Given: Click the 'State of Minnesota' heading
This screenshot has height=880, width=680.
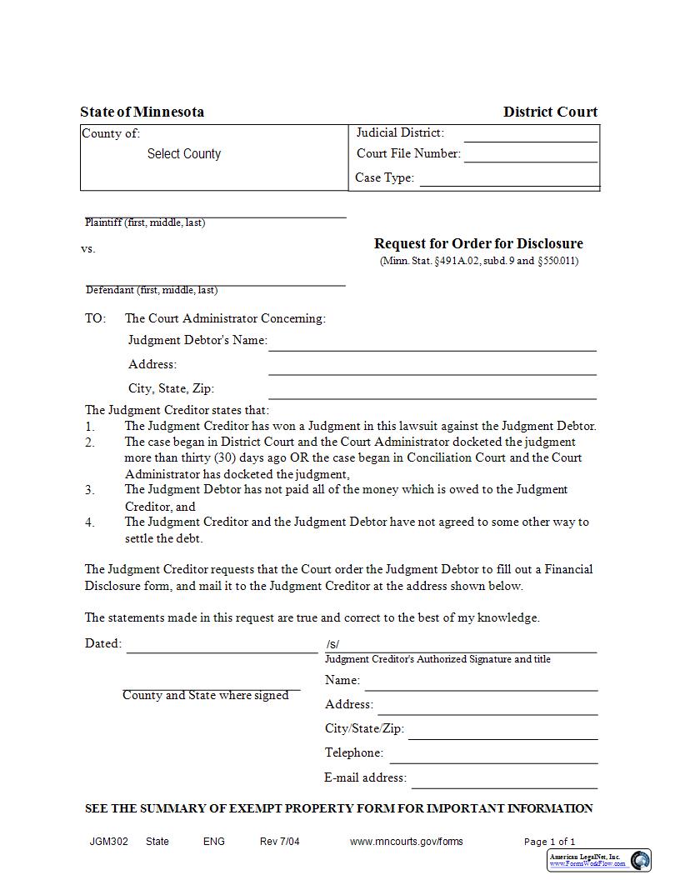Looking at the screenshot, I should pos(142,112).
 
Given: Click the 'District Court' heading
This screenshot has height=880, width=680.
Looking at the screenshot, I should pos(550,112).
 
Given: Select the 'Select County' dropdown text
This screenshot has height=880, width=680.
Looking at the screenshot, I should pos(184,154).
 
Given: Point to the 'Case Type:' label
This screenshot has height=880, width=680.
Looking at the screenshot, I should pos(384,177).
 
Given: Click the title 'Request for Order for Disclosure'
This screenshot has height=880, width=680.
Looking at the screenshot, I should pos(478,243).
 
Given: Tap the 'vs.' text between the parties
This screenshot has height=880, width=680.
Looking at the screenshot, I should pos(88,248).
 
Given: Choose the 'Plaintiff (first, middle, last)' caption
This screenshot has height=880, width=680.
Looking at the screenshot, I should pos(145,222).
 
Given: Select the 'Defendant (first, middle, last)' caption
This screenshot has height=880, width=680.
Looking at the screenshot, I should pos(152,290).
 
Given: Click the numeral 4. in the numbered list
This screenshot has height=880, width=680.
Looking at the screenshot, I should pos(90,522).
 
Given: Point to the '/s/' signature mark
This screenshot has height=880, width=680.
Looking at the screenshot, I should pos(332,644).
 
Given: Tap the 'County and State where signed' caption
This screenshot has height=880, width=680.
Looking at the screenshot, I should pos(205,695).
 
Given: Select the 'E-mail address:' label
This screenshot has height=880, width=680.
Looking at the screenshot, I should pos(365,777).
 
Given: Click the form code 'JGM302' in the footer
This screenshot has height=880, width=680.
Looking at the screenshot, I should pos(109,842).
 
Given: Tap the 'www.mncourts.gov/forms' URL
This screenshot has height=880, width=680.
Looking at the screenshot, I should pos(406,842).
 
